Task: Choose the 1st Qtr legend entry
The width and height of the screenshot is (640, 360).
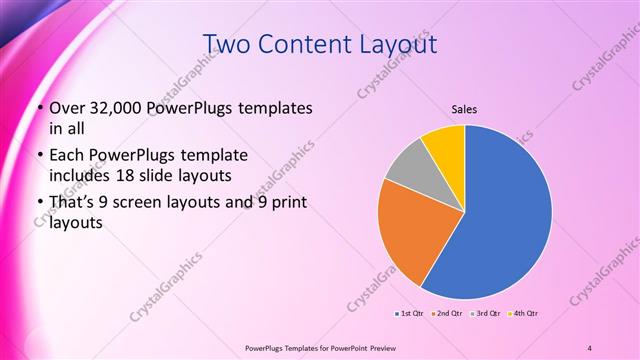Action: pyautogui.click(x=410, y=314)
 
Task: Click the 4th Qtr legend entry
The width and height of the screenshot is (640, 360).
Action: pyautogui.click(x=526, y=314)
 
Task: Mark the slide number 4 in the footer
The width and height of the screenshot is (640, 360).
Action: pyautogui.click(x=590, y=347)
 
